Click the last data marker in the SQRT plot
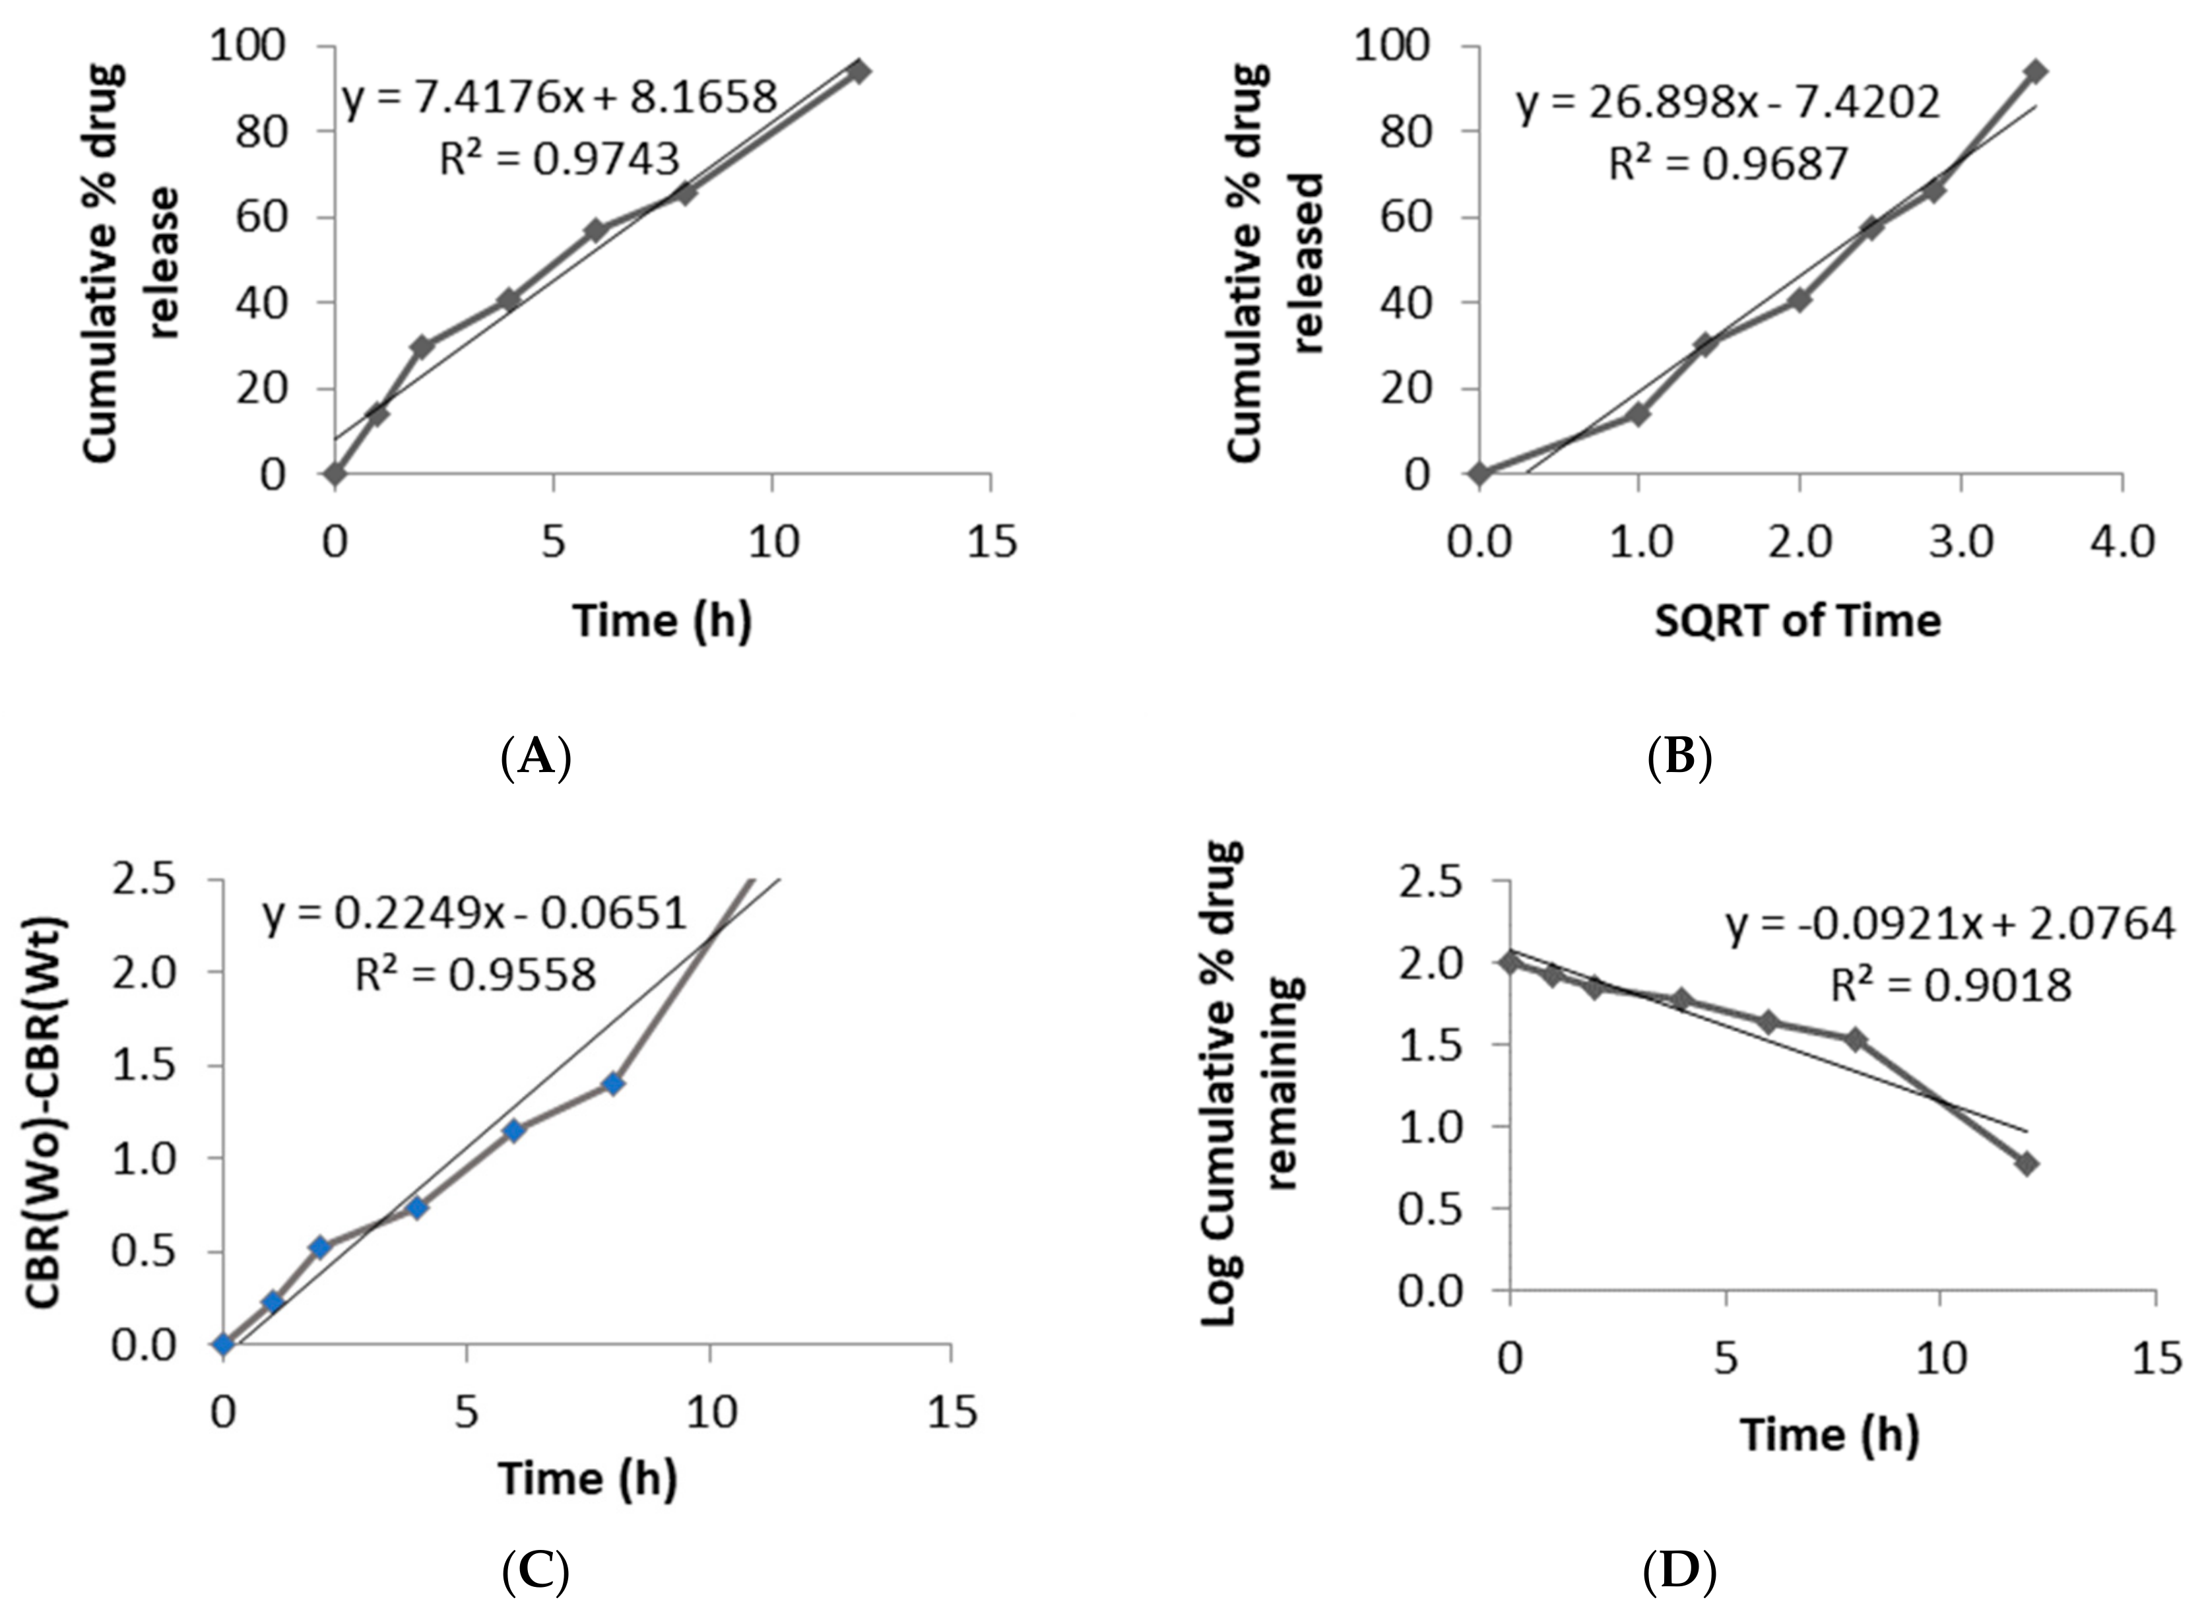click(2036, 71)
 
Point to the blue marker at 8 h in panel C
click(613, 1083)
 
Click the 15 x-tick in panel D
click(2155, 1357)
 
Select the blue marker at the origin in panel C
click(224, 1345)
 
